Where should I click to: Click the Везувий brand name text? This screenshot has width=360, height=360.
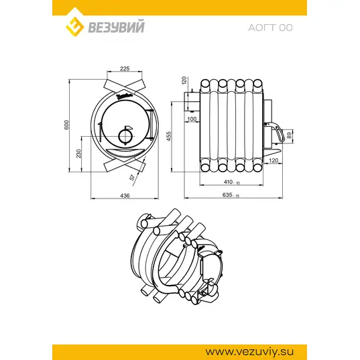[x=117, y=27]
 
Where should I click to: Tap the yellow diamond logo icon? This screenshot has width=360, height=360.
[x=74, y=25]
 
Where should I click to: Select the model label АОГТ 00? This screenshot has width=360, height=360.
[x=270, y=27]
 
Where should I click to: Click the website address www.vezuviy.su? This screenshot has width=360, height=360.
[x=249, y=351]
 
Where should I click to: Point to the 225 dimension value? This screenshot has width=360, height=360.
[x=125, y=68]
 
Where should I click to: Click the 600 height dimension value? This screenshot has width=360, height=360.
[x=66, y=125]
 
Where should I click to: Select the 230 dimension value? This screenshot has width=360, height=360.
[x=78, y=154]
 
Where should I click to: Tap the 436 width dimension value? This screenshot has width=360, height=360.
[x=125, y=195]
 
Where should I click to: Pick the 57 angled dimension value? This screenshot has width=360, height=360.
[x=133, y=177]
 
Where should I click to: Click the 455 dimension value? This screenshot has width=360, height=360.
[x=169, y=136]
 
